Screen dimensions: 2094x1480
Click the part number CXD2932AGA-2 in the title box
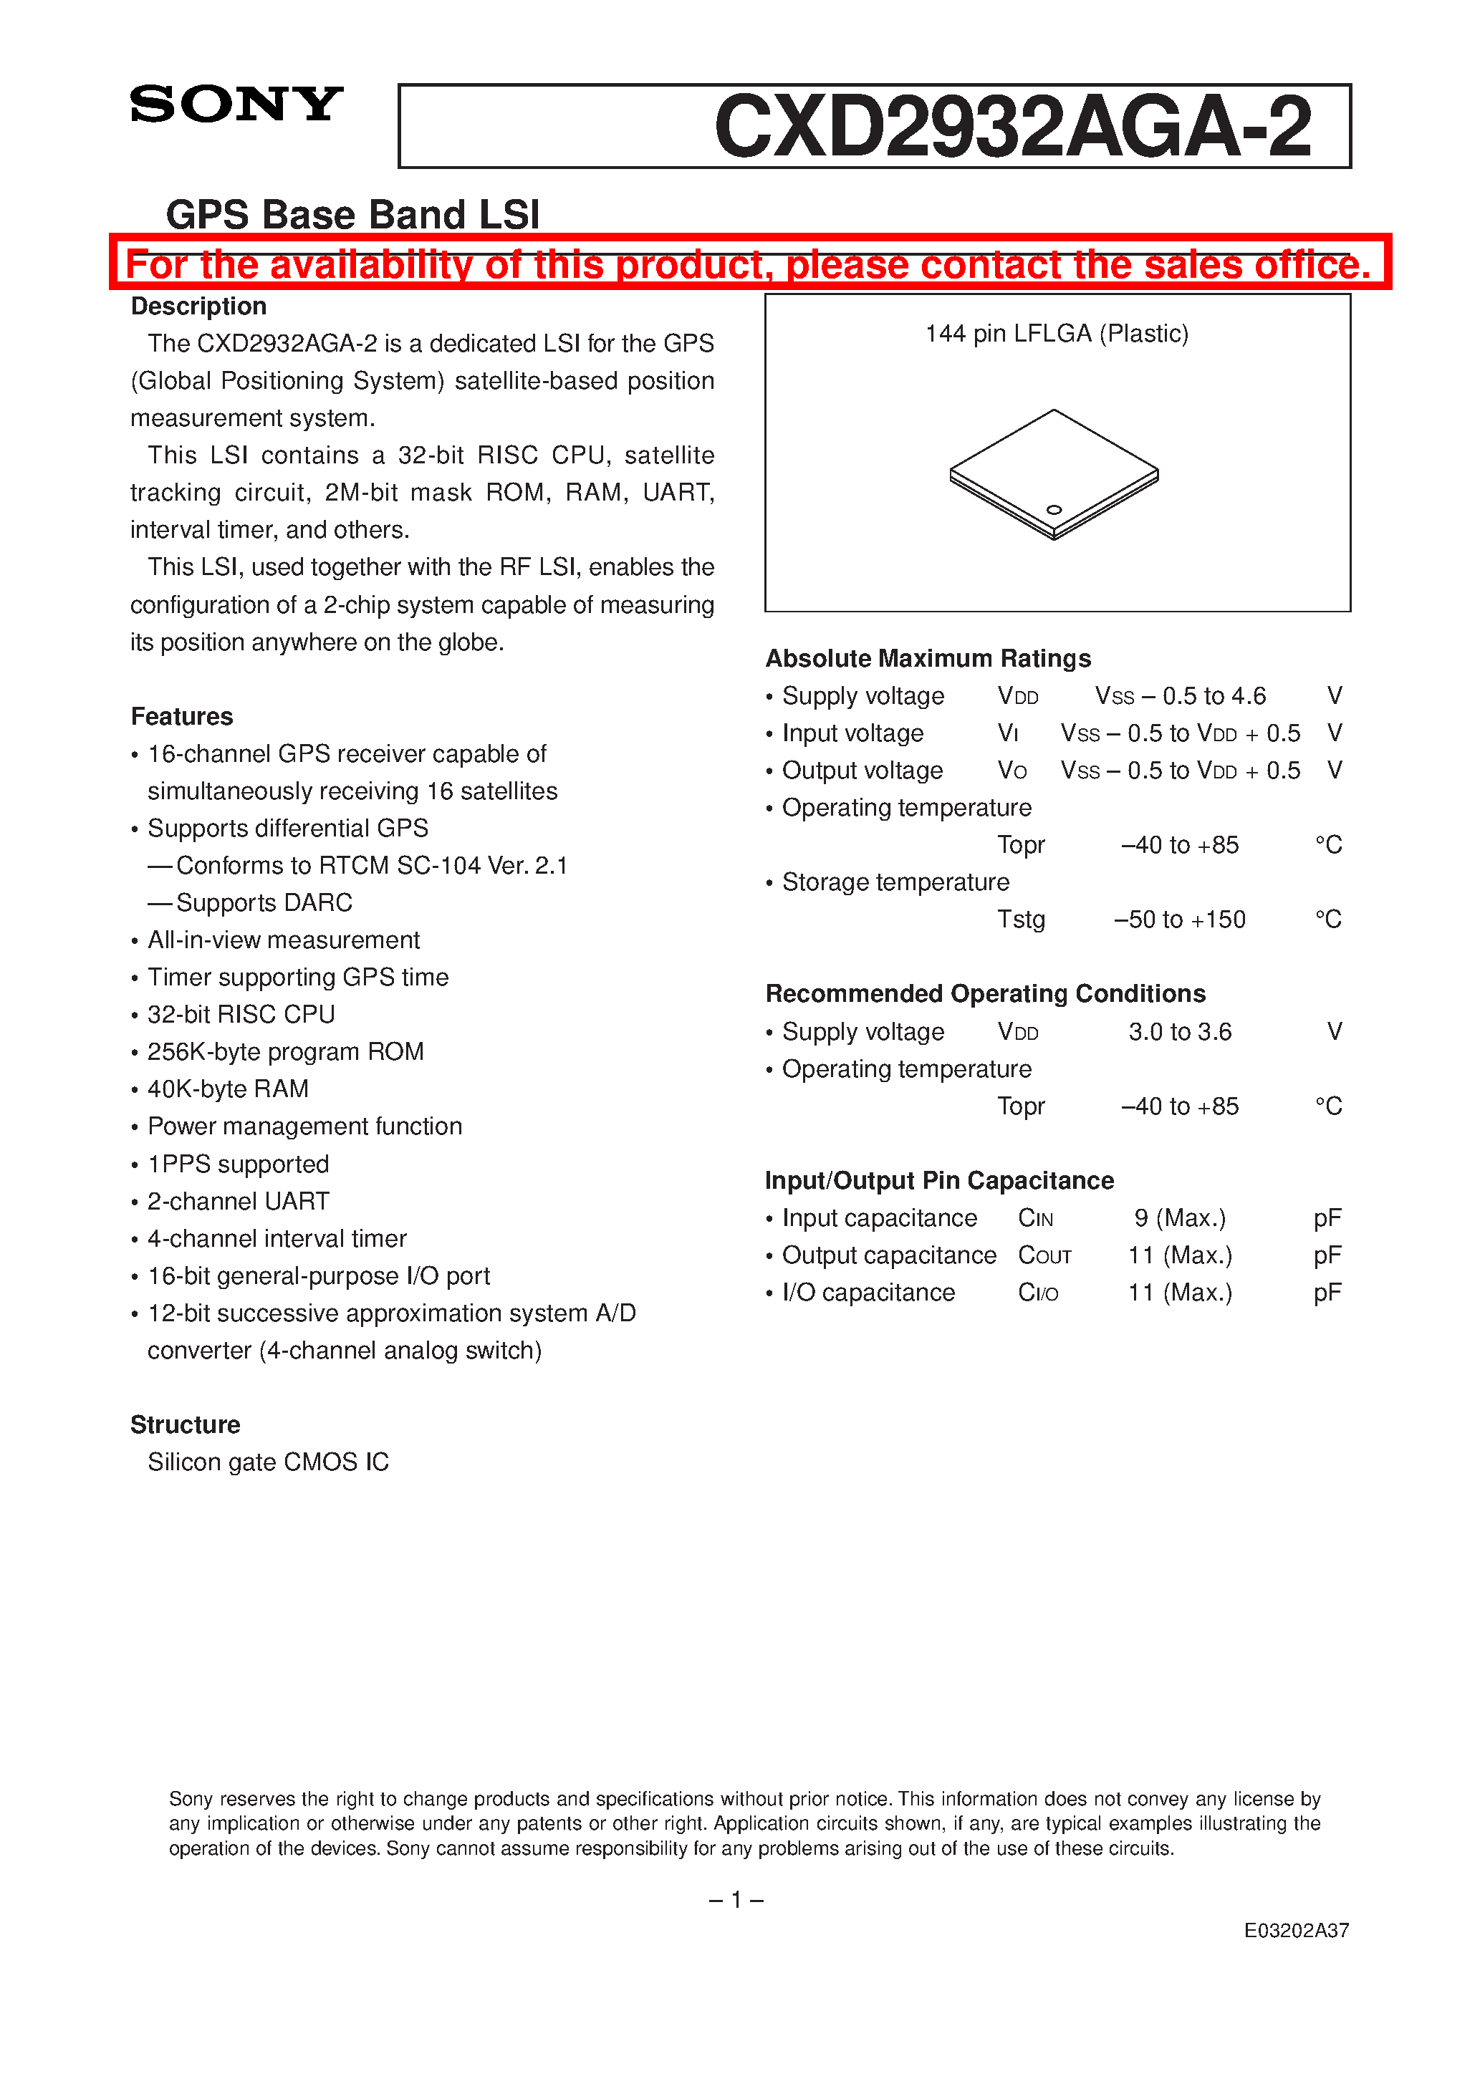(1012, 127)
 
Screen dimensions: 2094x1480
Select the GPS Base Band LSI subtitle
(352, 216)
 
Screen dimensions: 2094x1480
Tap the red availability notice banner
(748, 264)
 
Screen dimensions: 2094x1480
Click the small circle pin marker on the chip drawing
(1054, 510)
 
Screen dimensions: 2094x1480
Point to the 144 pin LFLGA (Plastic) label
(1057, 334)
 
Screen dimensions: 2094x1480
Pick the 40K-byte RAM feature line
(227, 1089)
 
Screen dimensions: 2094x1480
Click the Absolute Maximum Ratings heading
(928, 658)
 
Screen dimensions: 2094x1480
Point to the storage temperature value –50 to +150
(1179, 920)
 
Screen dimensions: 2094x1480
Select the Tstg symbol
(1020, 920)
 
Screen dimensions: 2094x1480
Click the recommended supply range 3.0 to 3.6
(1179, 1031)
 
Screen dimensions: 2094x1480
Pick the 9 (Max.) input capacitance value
(1179, 1218)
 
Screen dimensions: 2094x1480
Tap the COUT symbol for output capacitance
(1044, 1256)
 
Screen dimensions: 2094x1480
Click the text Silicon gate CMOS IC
(268, 1462)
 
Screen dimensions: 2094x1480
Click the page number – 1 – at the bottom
(736, 1900)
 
